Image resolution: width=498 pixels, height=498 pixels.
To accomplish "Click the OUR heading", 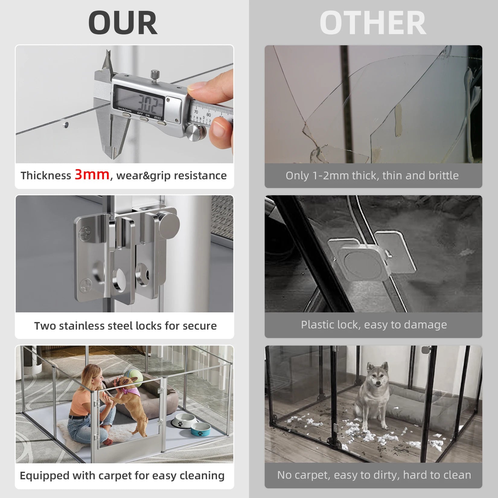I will [123, 23].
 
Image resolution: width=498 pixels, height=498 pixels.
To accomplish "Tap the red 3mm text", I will [92, 174].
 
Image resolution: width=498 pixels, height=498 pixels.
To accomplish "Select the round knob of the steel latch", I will [168, 225].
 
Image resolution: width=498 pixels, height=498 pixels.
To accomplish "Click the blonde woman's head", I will [91, 374].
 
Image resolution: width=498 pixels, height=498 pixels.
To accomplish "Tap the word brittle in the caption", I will [442, 175].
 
